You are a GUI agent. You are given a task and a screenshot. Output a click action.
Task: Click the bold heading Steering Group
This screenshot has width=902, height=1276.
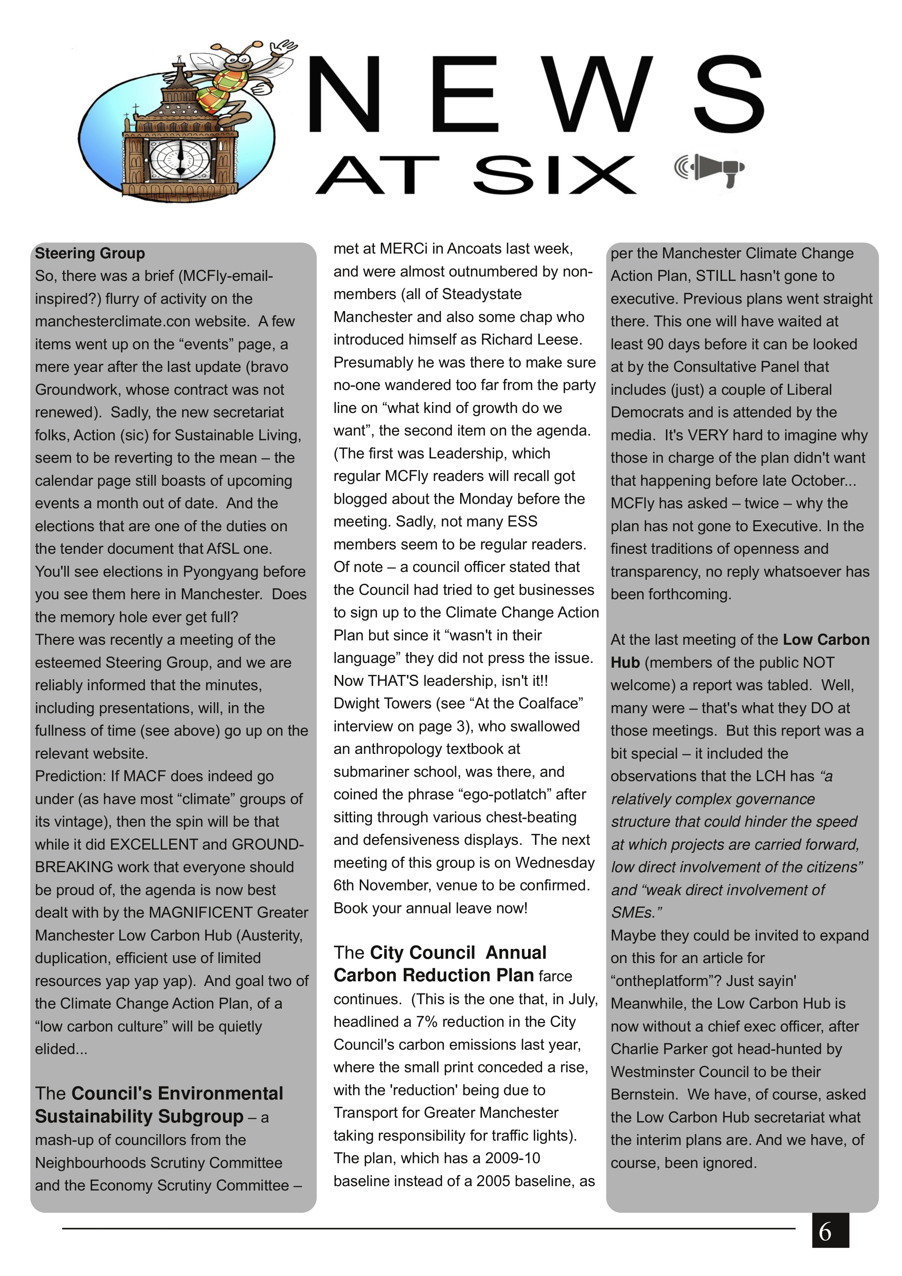click(x=90, y=254)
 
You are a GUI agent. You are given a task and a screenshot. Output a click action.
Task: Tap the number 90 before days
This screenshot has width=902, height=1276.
click(x=657, y=344)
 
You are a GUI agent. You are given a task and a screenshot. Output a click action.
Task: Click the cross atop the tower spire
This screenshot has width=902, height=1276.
click(x=179, y=59)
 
